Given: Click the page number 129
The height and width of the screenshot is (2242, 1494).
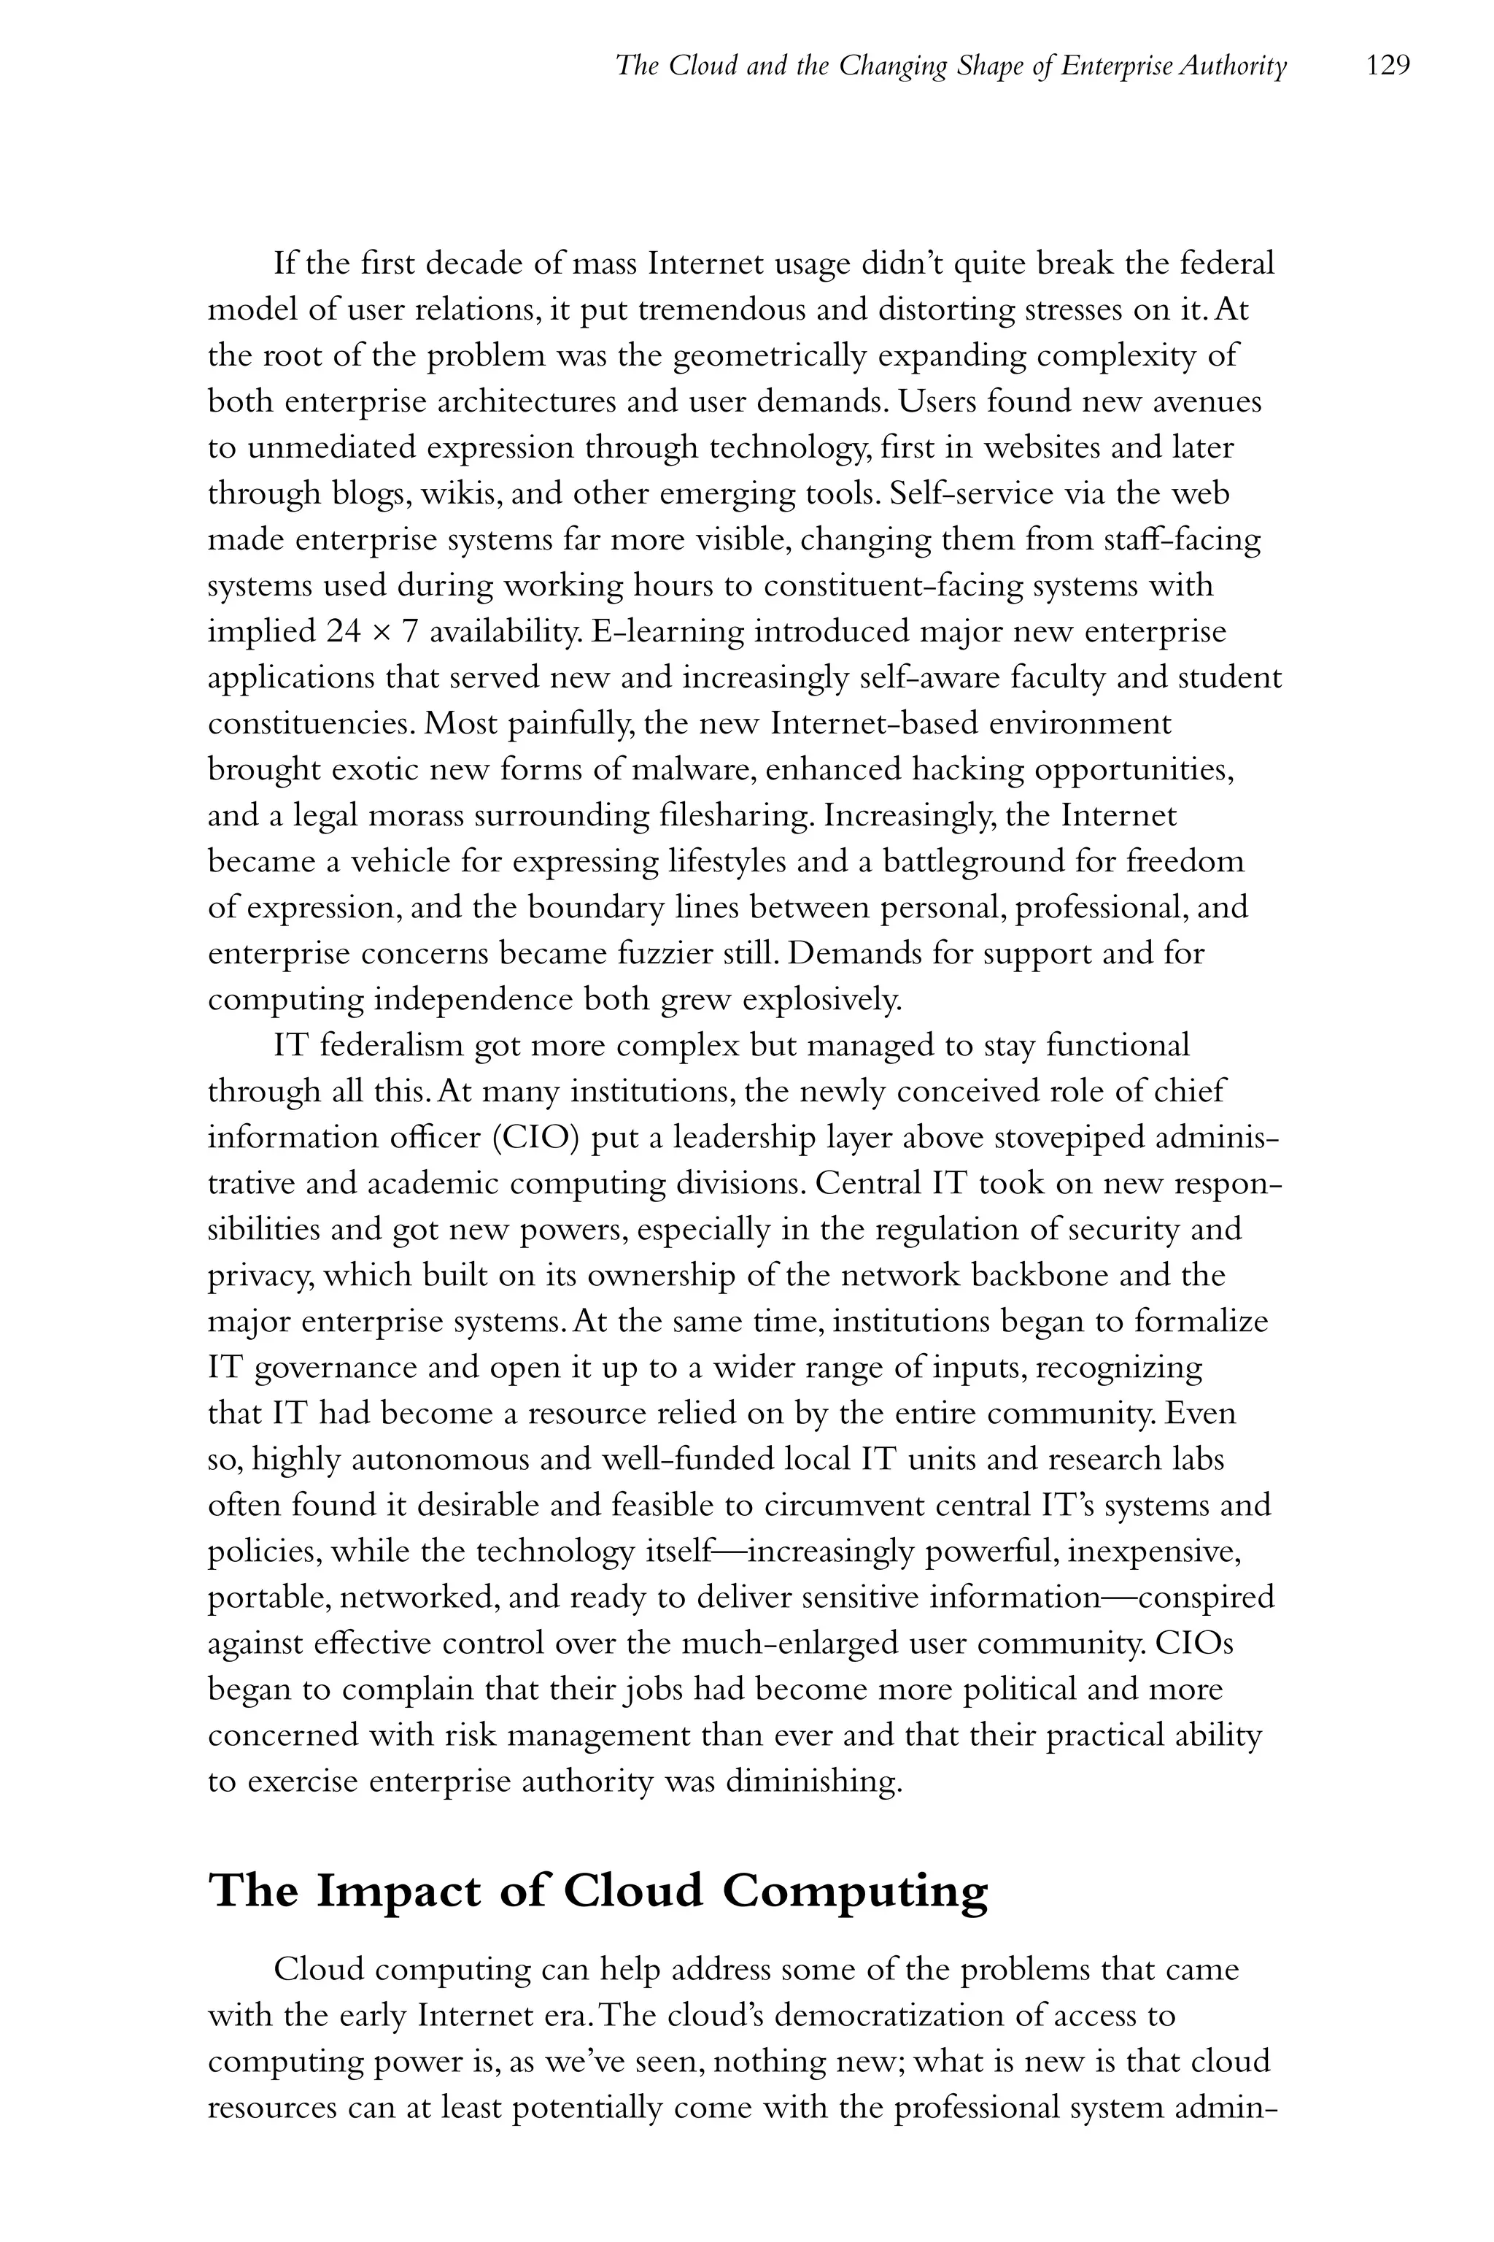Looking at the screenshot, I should (x=1387, y=66).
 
